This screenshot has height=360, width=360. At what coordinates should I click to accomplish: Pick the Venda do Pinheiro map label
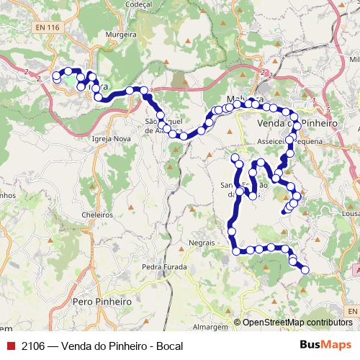pos(297,124)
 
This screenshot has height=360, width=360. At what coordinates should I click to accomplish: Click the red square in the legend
pos(9,346)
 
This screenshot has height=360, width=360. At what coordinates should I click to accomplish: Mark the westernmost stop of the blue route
pos(56,76)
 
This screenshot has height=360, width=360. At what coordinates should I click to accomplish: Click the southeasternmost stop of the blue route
pos(305,270)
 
